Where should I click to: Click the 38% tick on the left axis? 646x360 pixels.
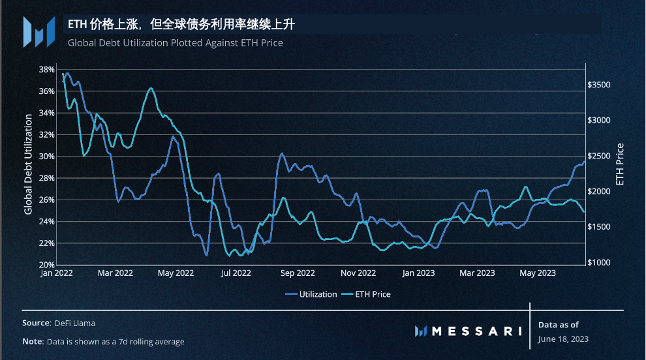[x=46, y=69]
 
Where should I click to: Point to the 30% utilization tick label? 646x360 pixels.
[x=46, y=157]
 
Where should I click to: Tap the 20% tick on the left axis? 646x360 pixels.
[x=46, y=265]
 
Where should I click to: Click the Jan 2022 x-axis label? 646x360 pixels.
[x=56, y=273]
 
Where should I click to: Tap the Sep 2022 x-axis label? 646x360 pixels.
[x=297, y=273]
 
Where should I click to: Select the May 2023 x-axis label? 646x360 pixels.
[x=538, y=273]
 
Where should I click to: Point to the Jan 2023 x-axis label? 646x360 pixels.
[x=418, y=273]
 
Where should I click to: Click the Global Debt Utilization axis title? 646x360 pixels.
[x=28, y=164]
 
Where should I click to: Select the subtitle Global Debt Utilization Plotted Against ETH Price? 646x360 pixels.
[x=175, y=43]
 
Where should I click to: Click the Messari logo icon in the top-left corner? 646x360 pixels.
[x=38, y=31]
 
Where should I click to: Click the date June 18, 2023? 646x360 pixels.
[x=563, y=338]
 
